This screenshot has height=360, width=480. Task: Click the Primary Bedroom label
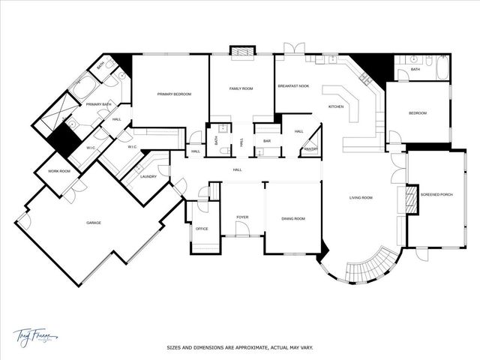[174, 94]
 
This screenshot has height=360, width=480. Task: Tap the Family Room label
[241, 88]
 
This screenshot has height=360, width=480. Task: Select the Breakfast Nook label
[293, 87]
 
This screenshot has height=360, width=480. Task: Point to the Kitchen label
[336, 106]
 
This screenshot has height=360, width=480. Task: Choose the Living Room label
[361, 198]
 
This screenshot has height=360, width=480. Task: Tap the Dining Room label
[293, 218]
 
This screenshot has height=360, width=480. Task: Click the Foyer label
[242, 217]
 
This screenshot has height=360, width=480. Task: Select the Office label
[202, 229]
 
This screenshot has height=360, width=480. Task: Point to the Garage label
[94, 223]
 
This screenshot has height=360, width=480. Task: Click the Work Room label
[59, 172]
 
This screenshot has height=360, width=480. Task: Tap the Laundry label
[148, 177]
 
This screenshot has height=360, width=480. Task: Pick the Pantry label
[309, 149]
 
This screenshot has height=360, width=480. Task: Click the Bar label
[266, 139]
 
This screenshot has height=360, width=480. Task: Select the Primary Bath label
[97, 104]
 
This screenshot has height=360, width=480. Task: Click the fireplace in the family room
[241, 52]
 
